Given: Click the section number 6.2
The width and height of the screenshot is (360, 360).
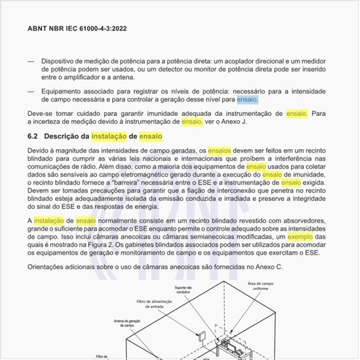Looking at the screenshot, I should pyautogui.click(x=33, y=135).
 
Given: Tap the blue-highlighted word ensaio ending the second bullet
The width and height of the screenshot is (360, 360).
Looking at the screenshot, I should pyautogui.click(x=247, y=99).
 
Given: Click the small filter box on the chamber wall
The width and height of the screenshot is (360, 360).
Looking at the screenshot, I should pyautogui.click(x=202, y=338).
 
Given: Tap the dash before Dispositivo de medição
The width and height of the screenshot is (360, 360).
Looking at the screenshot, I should pyautogui.click(x=30, y=61).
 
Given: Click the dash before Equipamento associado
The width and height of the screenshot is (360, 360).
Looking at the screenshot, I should pyautogui.click(x=30, y=91).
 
